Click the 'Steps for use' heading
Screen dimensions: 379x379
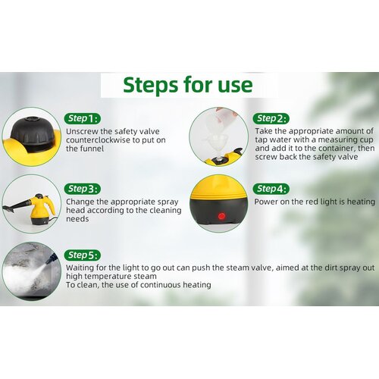[x=188, y=85]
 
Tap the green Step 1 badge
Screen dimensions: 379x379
[x=83, y=118]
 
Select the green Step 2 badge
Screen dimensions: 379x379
[x=271, y=118]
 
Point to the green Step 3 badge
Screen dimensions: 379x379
[x=83, y=189]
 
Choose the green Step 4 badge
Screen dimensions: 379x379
[x=271, y=189]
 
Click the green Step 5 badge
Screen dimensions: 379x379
[x=83, y=255]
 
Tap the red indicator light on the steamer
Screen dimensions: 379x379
[x=221, y=216]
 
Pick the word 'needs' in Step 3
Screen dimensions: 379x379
[x=77, y=219]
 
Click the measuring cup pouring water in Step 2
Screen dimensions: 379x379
[x=225, y=119]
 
